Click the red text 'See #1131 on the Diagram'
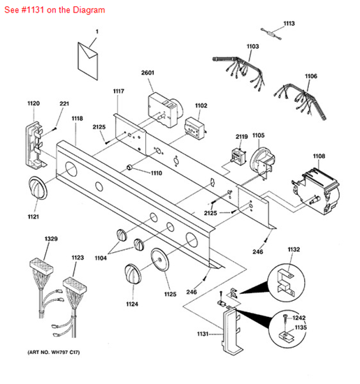click(x=55, y=10)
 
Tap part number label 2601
click(x=148, y=73)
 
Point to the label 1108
click(x=319, y=156)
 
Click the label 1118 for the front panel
click(x=76, y=119)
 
